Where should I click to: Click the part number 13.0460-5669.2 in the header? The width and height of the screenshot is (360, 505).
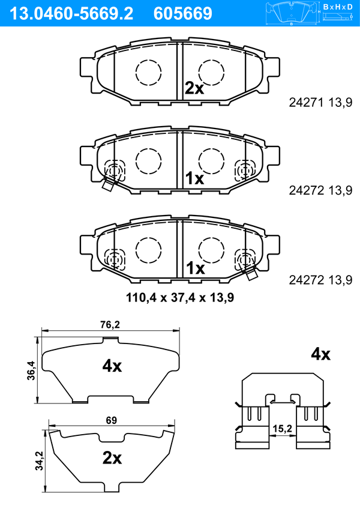pos(71,14)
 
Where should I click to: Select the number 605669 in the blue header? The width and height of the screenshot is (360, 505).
pos(183,14)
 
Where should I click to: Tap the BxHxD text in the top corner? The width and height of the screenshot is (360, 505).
pos(338,7)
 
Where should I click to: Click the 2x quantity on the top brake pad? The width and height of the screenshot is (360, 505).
pos(194,88)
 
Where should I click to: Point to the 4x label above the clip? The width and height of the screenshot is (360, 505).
pos(320,354)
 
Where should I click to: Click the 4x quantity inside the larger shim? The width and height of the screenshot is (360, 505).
pos(112,366)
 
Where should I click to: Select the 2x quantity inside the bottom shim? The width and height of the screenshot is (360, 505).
pos(112,458)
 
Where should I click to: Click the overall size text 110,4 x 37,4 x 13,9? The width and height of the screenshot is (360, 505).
pos(180,298)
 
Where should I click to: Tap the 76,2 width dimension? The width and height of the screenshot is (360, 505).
pos(110,325)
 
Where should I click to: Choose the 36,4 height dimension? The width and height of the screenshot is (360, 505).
pos(31,370)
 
